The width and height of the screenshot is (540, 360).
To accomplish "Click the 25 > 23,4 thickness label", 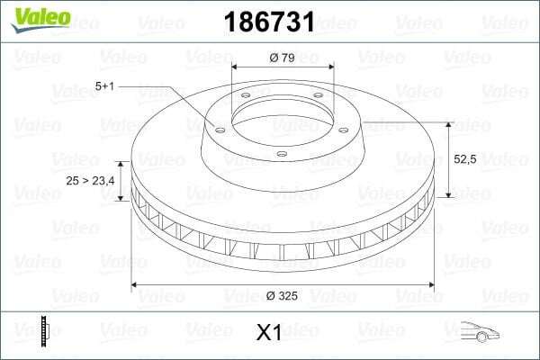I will pos(89,180).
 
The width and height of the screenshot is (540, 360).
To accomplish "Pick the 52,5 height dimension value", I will pos(464,158).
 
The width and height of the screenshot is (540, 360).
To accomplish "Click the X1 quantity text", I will pos(269,333).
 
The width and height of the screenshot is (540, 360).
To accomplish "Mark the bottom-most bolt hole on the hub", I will pos(282,154).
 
